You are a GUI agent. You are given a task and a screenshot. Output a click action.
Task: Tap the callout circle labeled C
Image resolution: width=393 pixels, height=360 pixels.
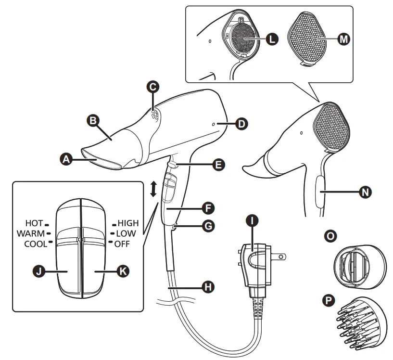[x=153, y=87]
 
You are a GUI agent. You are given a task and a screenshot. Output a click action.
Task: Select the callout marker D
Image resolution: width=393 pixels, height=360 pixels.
[x=241, y=124]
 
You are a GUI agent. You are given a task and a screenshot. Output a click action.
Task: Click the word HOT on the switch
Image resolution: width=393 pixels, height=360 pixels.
[x=34, y=223]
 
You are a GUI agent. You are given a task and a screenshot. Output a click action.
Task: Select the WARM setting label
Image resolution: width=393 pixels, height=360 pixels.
[x=31, y=233]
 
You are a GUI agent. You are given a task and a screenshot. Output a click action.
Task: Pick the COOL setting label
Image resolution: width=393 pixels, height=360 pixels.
[x=35, y=244]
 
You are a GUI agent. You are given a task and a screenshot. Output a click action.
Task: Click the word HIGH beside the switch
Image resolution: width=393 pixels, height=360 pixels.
[x=128, y=223]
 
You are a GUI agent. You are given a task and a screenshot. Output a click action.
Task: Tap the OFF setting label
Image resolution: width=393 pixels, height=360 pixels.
[x=123, y=244]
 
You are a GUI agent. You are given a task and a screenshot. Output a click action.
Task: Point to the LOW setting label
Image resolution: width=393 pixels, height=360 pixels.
[x=126, y=233]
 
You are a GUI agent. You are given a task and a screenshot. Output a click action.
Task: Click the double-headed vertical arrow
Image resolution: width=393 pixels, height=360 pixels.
[x=153, y=189]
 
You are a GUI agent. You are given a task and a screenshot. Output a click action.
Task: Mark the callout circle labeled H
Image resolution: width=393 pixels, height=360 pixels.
[x=207, y=287]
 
